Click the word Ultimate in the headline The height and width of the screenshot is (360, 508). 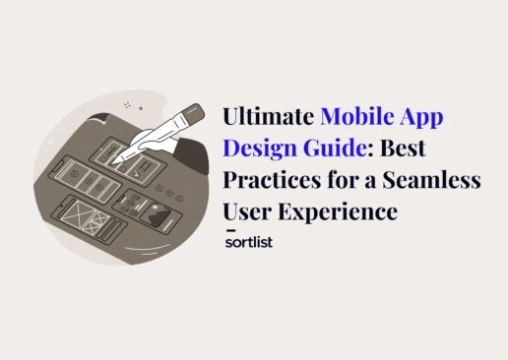pyautogui.click(x=269, y=116)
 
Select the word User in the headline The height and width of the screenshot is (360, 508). pyautogui.click(x=248, y=211)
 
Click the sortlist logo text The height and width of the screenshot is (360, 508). pyautogui.click(x=248, y=241)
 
